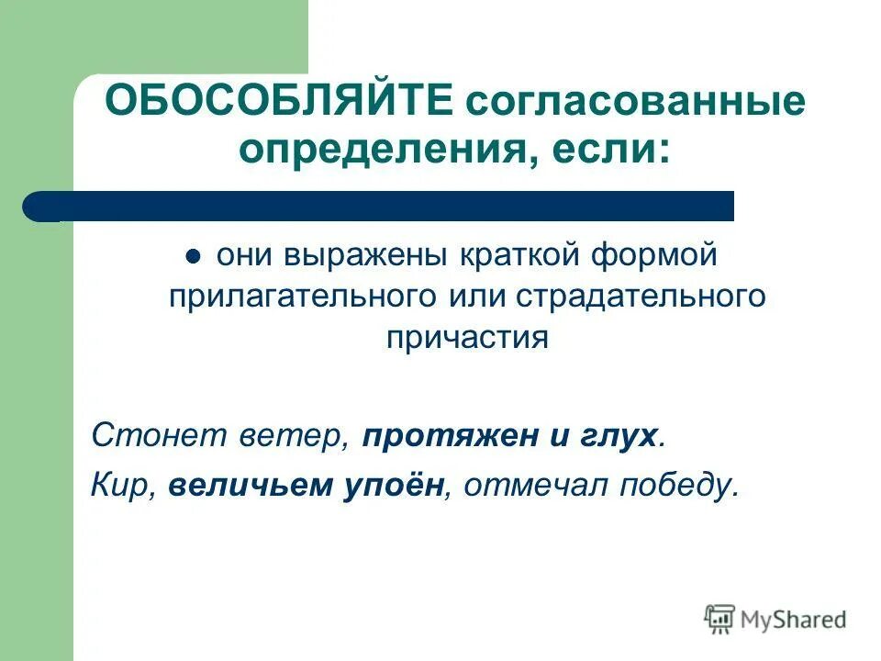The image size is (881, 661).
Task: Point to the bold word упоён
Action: [x=389, y=486]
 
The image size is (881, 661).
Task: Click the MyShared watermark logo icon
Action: [x=720, y=620]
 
